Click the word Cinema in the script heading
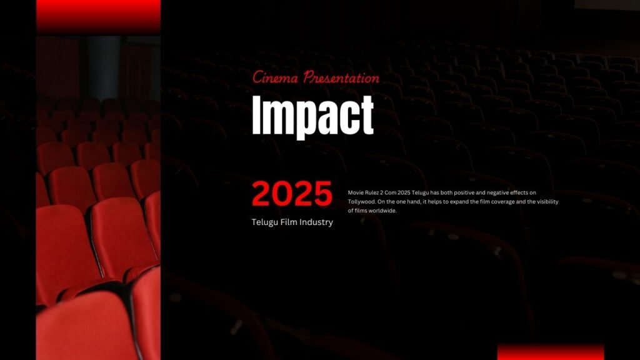point(275,77)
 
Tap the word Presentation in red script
point(341,77)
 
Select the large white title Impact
point(312,116)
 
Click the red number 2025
point(292,194)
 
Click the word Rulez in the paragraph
point(371,192)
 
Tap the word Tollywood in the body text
point(361,202)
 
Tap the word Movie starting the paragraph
point(355,192)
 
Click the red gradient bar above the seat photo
point(98,16)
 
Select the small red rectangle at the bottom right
point(551,352)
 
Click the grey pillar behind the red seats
point(102,67)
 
